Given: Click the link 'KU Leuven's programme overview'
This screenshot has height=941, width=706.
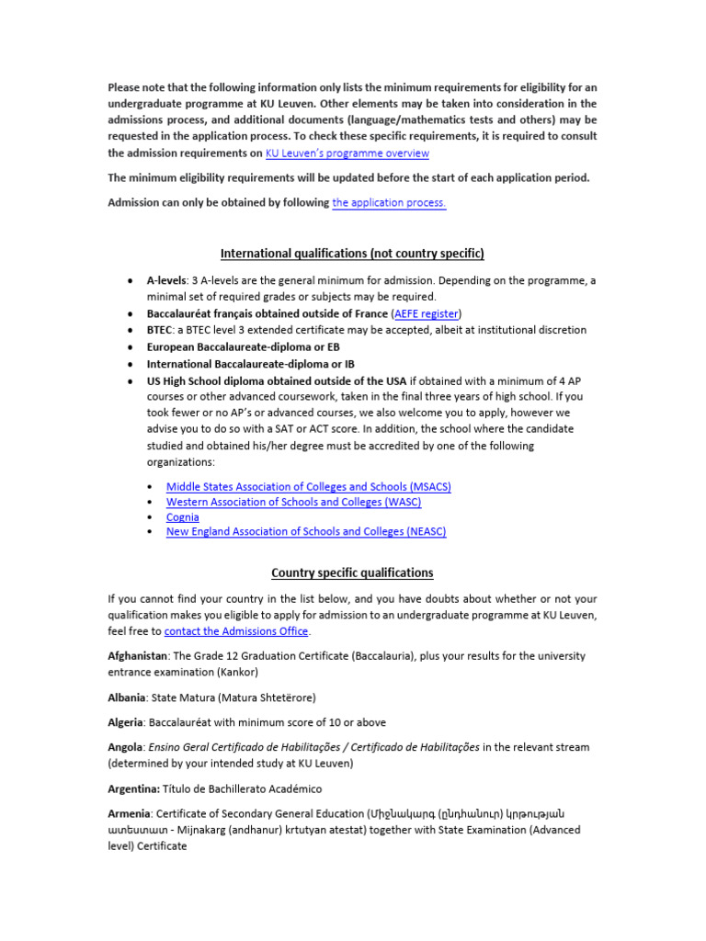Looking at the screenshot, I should coord(347,153).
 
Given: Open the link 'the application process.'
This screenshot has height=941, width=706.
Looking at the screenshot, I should coord(389,202).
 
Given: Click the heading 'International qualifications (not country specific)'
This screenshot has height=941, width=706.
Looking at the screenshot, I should coord(352,253).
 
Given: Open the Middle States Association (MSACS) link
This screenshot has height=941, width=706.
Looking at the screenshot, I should coord(308,486).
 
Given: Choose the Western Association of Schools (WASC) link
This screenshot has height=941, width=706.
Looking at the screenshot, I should coord(293,502).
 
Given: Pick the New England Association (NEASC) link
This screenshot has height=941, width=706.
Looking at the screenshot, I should coord(305,531).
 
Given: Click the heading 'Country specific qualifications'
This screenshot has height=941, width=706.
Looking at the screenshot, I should coord(352,573).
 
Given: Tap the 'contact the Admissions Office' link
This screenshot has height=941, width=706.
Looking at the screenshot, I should coord(236,631).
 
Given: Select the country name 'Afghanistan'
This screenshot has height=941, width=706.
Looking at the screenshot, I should coord(137,656).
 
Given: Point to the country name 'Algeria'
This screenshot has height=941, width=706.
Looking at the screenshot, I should coord(126,722).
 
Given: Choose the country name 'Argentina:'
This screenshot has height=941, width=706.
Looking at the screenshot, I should coord(134,788).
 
